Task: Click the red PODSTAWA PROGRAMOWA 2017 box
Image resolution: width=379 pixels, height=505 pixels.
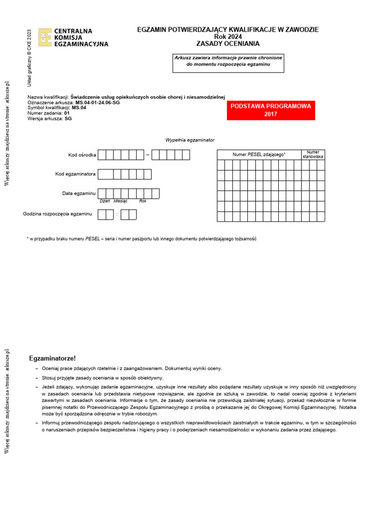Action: tap(270, 110)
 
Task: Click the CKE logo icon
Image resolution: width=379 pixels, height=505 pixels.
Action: tap(45, 37)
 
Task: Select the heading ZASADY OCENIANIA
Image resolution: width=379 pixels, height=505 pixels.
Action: tap(227, 44)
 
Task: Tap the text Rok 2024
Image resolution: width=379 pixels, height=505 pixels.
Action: tap(227, 37)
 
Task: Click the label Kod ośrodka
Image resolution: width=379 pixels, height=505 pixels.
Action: tap(82, 155)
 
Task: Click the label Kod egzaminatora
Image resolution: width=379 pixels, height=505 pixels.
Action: tap(76, 174)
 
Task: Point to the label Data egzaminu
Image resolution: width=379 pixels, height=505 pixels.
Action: tap(79, 193)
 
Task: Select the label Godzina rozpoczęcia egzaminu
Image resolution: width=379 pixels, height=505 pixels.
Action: tap(58, 214)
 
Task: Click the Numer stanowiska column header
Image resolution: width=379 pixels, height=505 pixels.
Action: tap(313, 154)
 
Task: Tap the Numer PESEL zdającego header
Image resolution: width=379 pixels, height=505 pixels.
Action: tap(259, 155)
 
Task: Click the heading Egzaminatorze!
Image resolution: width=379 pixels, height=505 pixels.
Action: tap(53, 358)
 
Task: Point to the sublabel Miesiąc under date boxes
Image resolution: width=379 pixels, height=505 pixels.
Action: tap(120, 201)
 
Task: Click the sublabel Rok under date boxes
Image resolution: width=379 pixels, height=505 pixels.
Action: tap(143, 201)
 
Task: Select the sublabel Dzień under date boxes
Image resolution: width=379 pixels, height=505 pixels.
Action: tap(105, 201)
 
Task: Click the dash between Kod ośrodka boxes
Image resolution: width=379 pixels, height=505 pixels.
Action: tap(147, 155)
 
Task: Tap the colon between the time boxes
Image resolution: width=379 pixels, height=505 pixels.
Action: tap(117, 215)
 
